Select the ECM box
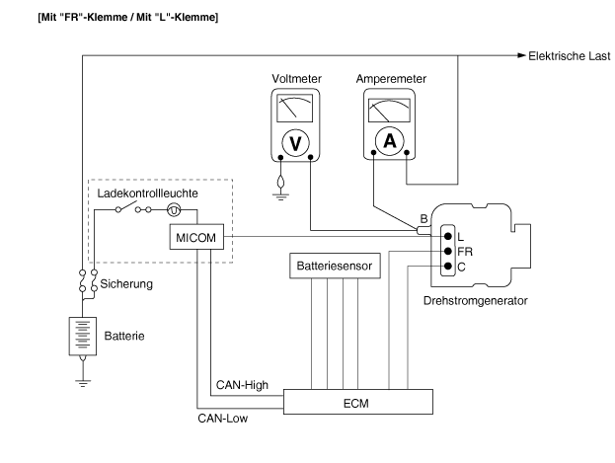pos(358,402)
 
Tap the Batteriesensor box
pos(329,266)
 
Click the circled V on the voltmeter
pos(293,142)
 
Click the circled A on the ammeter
pos(390,141)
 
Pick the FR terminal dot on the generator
pos(447,252)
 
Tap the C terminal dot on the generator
pos(447,267)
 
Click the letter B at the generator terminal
pos(424,218)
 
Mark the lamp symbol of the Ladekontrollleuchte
pos(174,209)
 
